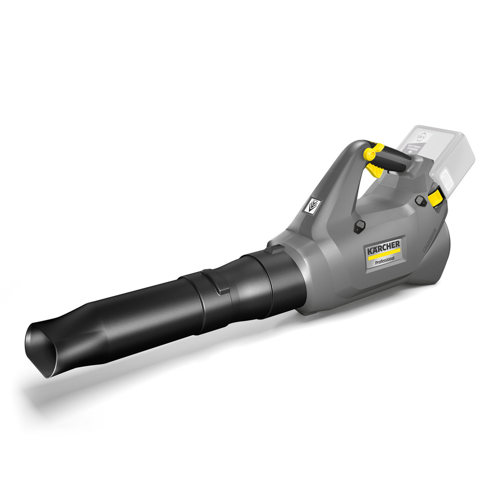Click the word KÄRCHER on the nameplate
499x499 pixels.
(x=384, y=247)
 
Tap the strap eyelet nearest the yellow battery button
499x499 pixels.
(x=420, y=201)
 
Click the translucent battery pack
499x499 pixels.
(x=439, y=155)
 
